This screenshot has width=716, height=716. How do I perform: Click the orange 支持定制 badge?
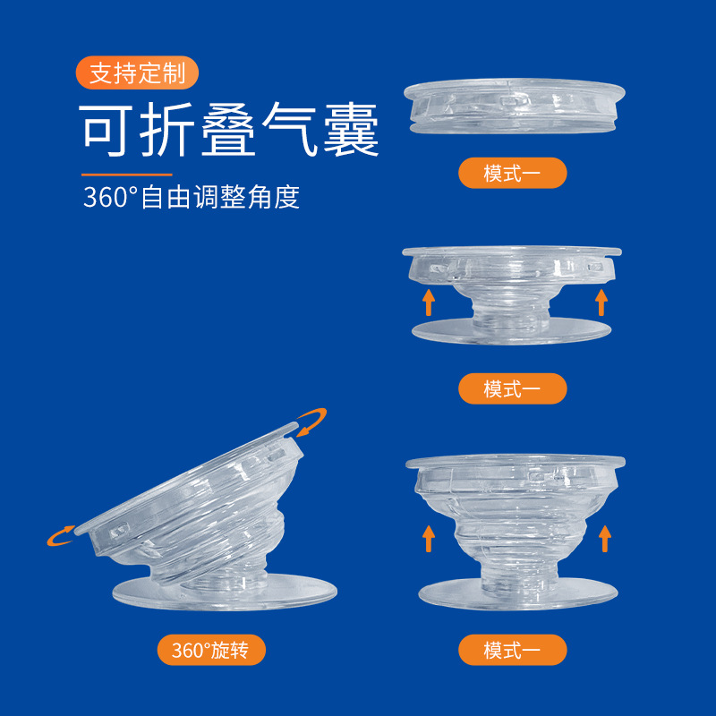(137, 72)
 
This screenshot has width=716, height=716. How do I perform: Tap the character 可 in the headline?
(106, 130)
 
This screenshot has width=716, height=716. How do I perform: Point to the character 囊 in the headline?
(351, 130)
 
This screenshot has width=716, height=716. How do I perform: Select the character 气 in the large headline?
(289, 130)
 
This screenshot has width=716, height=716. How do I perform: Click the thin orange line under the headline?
(127, 175)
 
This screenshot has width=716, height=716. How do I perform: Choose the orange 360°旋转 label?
(211, 650)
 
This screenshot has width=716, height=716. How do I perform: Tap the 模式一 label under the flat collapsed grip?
(512, 173)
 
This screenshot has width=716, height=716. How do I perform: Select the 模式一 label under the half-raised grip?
(512, 388)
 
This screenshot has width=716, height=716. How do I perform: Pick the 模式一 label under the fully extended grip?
(512, 650)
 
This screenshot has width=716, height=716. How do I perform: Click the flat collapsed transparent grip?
(514, 106)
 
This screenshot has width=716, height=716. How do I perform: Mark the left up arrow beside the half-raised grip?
(429, 303)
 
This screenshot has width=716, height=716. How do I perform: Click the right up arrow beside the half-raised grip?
(601, 303)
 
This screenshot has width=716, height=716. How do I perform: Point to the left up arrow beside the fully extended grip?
(429, 539)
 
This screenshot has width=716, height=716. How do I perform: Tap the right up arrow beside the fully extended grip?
(605, 539)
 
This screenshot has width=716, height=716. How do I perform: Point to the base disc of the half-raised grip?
(511, 332)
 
